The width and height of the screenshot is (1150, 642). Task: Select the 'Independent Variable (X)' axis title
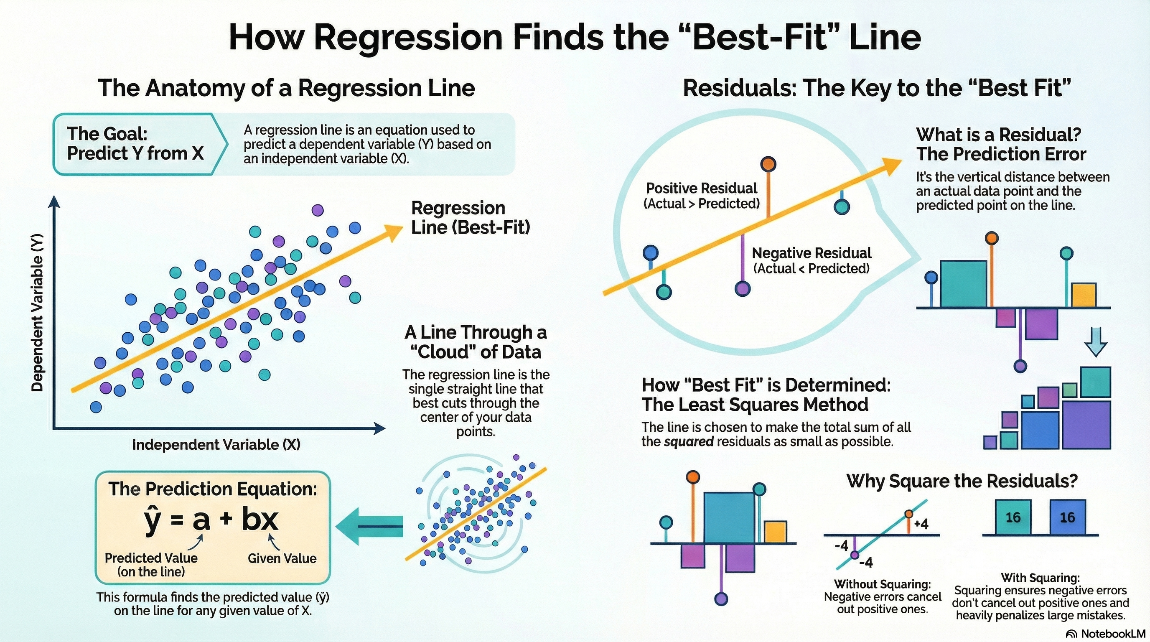216,445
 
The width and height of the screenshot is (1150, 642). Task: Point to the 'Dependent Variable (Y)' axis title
38,313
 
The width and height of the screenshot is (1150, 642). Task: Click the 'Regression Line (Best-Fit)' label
470,218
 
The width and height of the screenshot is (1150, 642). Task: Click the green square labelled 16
1013,517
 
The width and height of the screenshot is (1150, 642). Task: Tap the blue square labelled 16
1067,517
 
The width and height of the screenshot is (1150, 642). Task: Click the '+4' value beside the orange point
921,524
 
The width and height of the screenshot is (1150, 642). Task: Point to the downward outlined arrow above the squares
1096,341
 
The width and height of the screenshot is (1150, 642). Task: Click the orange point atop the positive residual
768,164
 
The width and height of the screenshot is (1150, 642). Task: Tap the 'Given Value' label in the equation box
282,558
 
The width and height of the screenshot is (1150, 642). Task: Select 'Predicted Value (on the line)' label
151,565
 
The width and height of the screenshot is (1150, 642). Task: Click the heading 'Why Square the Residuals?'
962,481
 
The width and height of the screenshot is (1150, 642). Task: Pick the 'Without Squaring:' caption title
882,584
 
